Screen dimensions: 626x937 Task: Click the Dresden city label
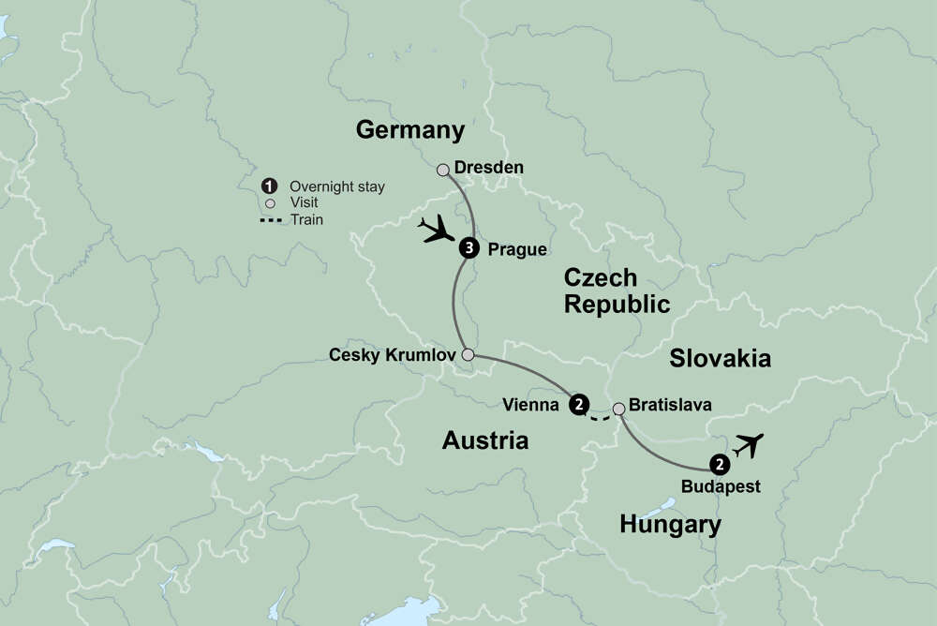488,168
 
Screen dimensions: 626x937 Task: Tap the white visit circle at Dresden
443,170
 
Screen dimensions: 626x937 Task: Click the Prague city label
517,249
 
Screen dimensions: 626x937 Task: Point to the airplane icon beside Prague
436,229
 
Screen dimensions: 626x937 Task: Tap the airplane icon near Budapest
749,445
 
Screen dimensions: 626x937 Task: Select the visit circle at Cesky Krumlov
468,355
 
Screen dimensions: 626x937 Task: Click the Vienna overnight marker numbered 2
580,405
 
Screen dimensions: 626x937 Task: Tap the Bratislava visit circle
618,408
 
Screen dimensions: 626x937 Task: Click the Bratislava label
671,406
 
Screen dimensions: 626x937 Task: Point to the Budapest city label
720,486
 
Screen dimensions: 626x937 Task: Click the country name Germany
410,130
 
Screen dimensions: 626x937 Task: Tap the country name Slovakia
721,358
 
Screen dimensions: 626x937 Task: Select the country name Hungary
671,525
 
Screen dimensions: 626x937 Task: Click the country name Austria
485,440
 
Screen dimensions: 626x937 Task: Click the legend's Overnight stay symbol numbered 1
270,186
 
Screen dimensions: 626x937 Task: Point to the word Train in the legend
306,219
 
